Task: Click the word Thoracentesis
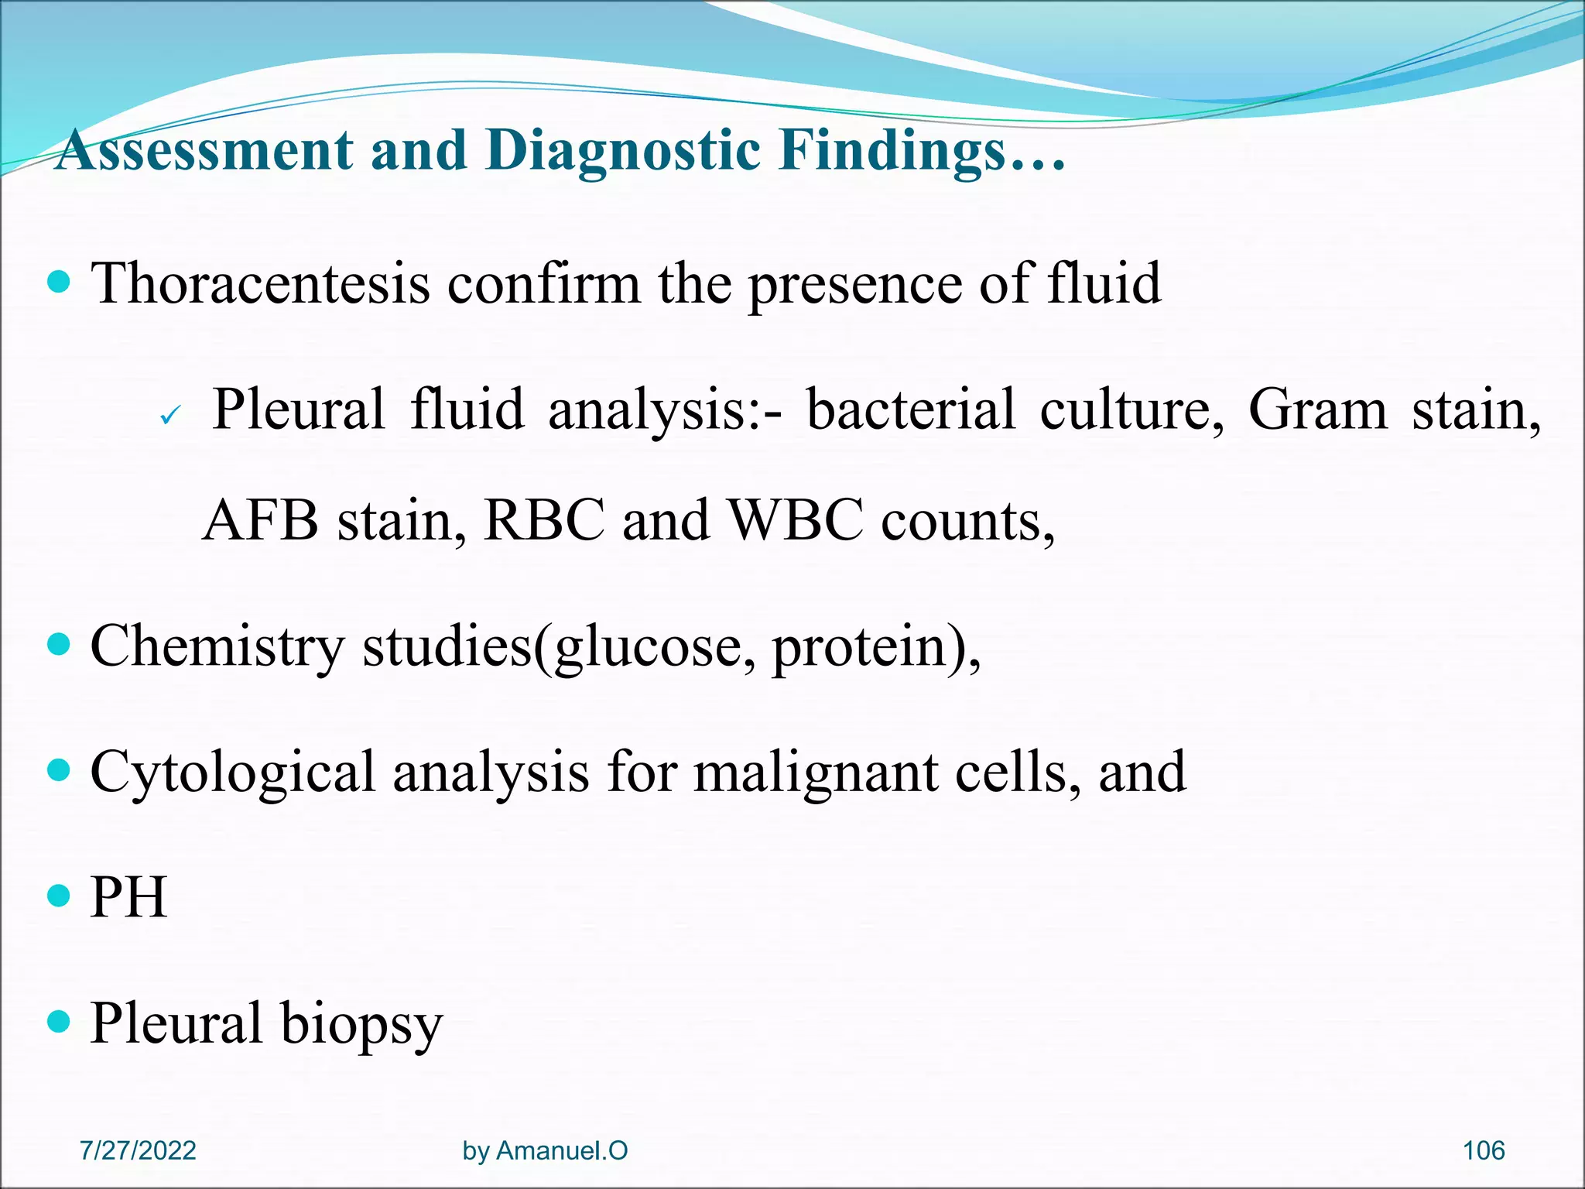tap(260, 284)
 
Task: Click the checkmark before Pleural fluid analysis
tap(169, 416)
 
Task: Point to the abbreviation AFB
tap(260, 521)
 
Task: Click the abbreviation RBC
tap(543, 521)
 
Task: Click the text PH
tap(128, 898)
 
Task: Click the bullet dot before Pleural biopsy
tap(58, 1022)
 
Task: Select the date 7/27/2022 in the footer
tap(138, 1151)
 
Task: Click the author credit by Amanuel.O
tap(545, 1151)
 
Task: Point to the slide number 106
tap(1483, 1151)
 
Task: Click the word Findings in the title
tap(890, 149)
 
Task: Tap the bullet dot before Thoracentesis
tap(58, 281)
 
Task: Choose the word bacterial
tap(910, 409)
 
